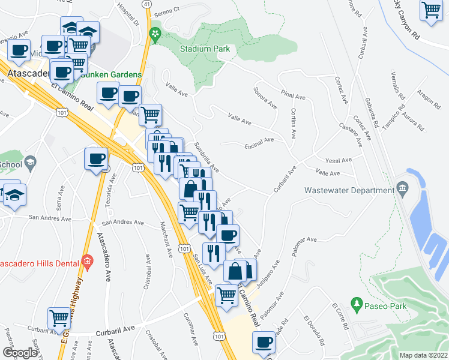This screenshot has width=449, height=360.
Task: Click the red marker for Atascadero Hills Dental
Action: point(87,261)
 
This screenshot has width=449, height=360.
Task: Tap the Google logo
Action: point(20,353)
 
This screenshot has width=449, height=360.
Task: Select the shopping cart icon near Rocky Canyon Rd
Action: point(431,11)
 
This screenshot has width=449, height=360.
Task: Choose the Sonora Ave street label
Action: point(265,97)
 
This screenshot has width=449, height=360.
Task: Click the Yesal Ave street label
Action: point(338,160)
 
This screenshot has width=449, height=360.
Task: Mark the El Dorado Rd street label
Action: point(315,331)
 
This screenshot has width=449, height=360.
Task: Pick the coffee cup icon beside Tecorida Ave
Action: point(96,160)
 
